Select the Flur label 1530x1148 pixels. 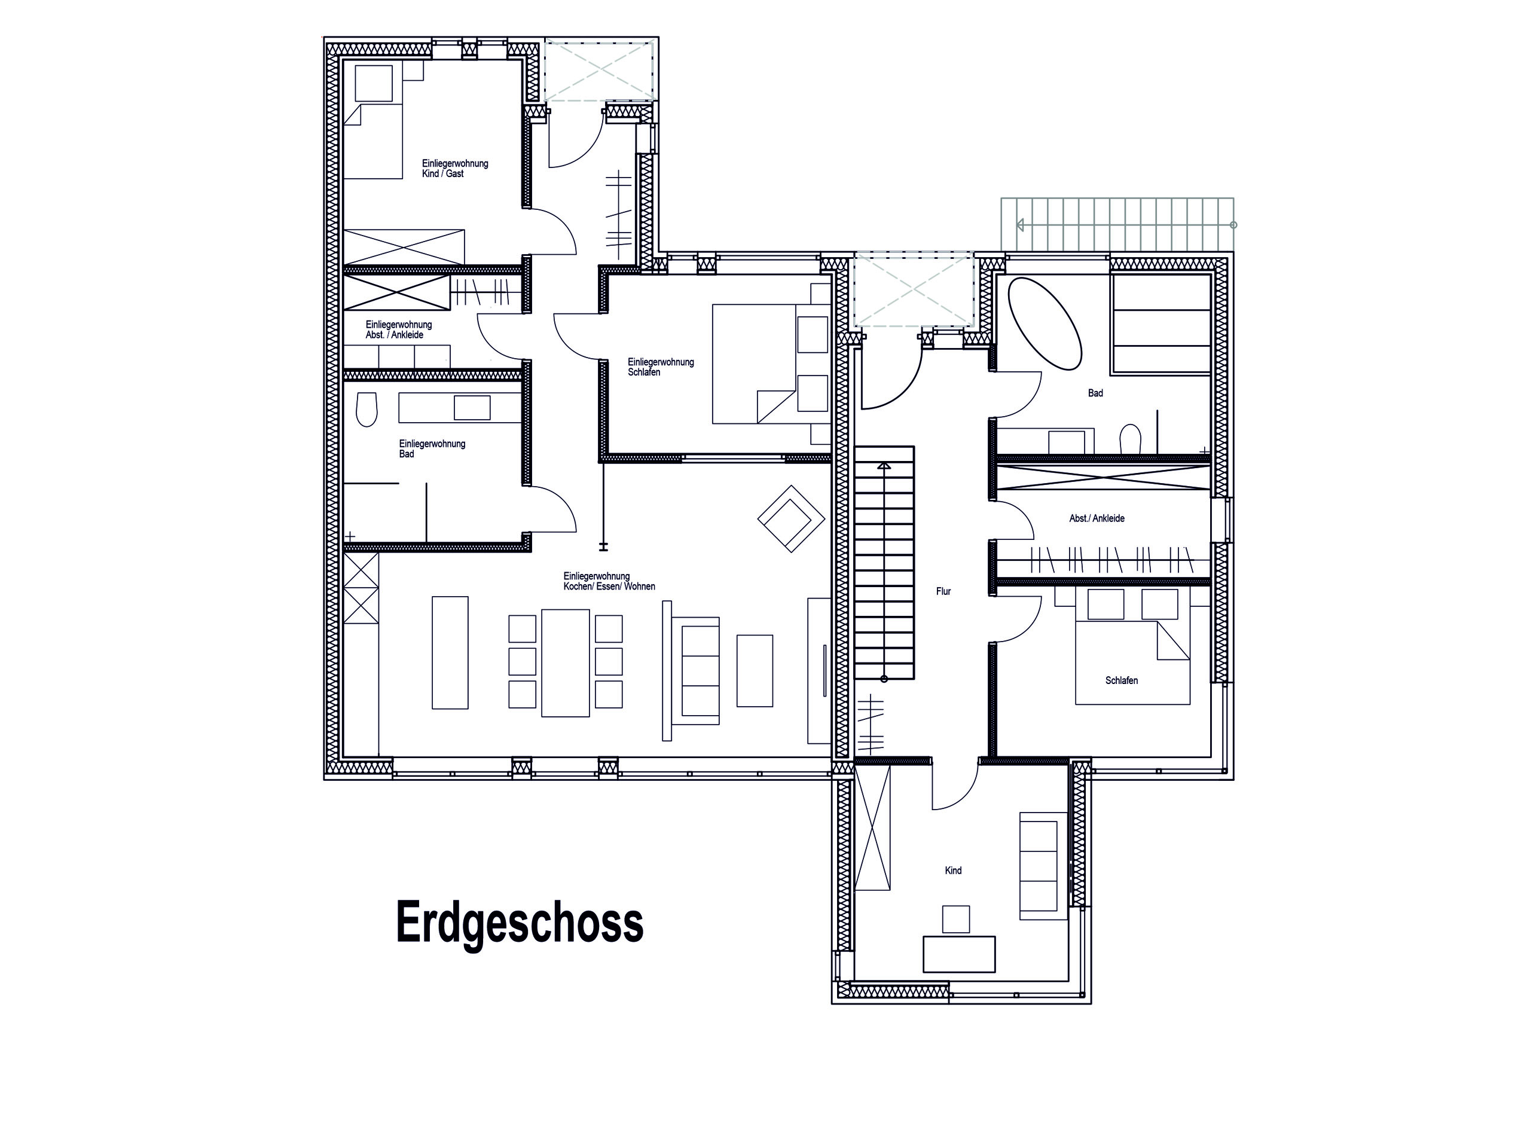click(x=943, y=592)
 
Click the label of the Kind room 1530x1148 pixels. click(x=953, y=871)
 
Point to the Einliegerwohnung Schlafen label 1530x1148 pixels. click(x=661, y=367)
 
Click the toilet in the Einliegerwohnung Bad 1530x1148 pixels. click(x=367, y=410)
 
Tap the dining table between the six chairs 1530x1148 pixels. click(x=565, y=662)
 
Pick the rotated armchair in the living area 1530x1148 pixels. click(x=790, y=518)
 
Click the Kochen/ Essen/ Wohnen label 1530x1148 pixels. click(x=609, y=582)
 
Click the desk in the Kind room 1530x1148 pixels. click(x=958, y=954)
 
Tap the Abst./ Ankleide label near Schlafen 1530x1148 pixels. click(x=1097, y=518)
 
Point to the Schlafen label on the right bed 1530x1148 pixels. click(x=1121, y=681)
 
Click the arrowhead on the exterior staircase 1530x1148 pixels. click(x=1019, y=225)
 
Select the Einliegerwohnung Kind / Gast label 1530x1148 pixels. click(x=455, y=169)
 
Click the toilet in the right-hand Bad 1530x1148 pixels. click(x=1129, y=438)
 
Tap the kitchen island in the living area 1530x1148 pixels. click(x=450, y=653)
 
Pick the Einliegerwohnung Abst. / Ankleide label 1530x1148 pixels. click(x=398, y=330)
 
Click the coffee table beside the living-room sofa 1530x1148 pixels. click(x=755, y=671)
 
